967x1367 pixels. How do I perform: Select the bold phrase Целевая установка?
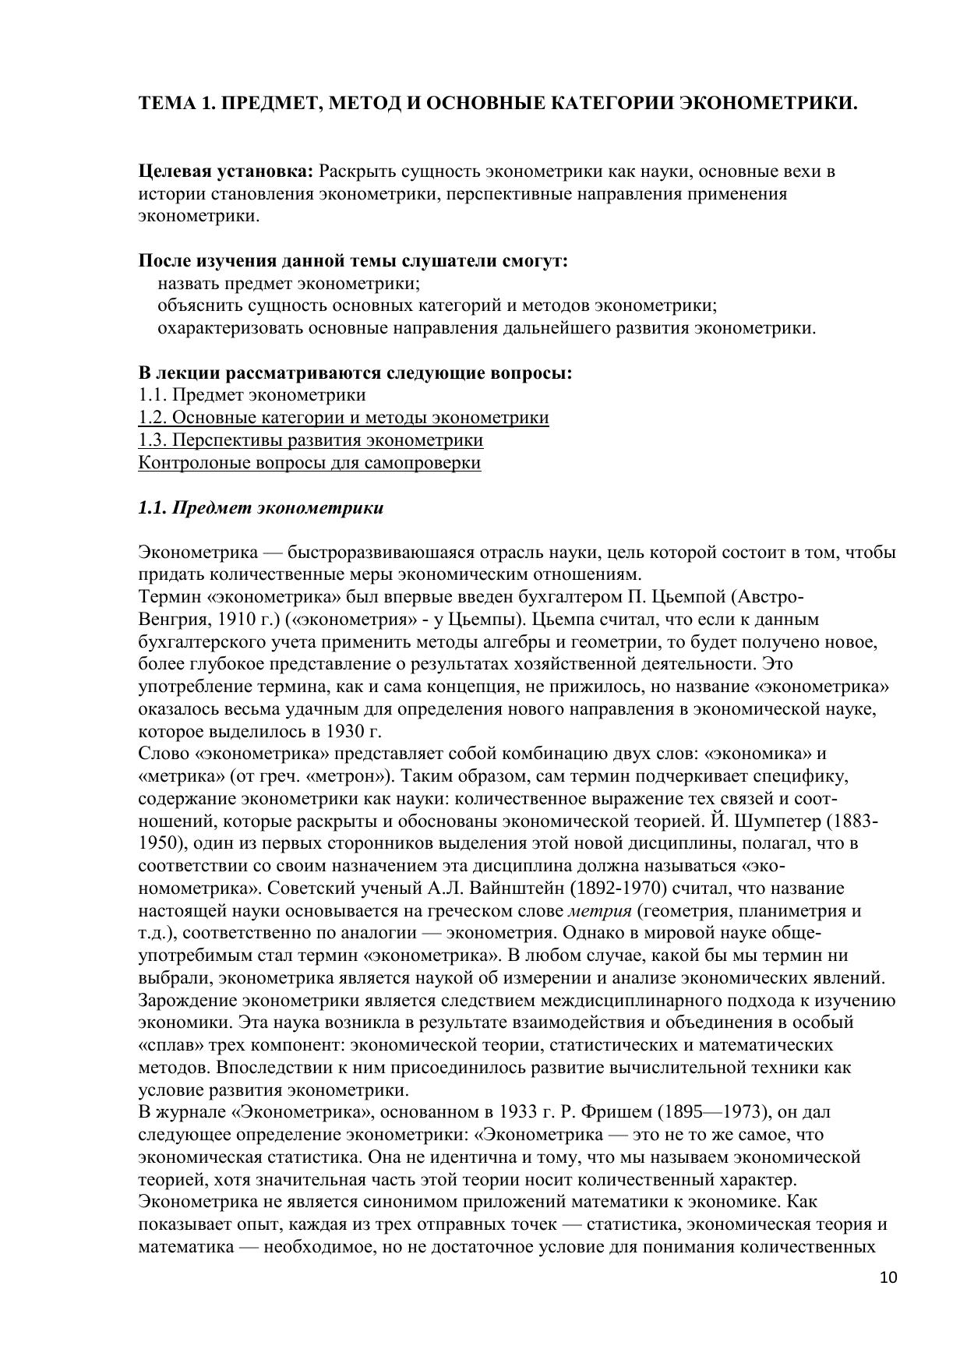pyautogui.click(x=226, y=171)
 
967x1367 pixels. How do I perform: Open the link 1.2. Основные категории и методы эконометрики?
pyautogui.click(x=344, y=418)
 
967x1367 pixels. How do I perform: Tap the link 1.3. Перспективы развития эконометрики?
pyautogui.click(x=311, y=440)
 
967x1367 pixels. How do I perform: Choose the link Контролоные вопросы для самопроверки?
pyautogui.click(x=309, y=463)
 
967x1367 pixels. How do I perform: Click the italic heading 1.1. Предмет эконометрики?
pyautogui.click(x=261, y=508)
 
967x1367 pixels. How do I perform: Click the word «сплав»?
pyautogui.click(x=168, y=1045)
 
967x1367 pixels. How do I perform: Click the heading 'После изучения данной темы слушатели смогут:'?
pyautogui.click(x=353, y=261)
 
